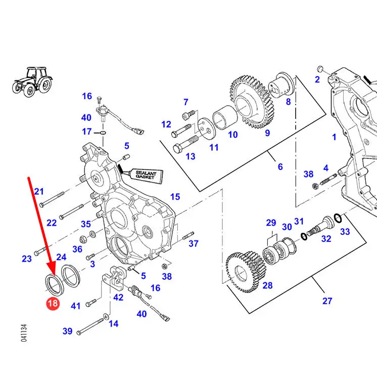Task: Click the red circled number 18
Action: pyautogui.click(x=53, y=303)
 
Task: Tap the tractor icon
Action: pyautogui.click(x=32, y=82)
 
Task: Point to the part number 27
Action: pyautogui.click(x=327, y=301)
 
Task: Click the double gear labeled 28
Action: pyautogui.click(x=244, y=271)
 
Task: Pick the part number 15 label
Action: pyautogui.click(x=175, y=197)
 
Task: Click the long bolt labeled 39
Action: pyautogui.click(x=90, y=326)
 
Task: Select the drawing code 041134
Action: pyautogui.click(x=24, y=333)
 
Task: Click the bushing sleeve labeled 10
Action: pyautogui.click(x=225, y=117)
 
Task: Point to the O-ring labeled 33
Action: pyautogui.click(x=338, y=218)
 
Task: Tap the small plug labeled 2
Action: pyautogui.click(x=320, y=69)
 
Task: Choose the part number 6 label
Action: pyautogui.click(x=280, y=167)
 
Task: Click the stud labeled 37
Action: pyautogui.click(x=188, y=235)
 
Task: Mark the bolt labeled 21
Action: pyautogui.click(x=52, y=199)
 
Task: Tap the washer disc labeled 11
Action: pyautogui.click(x=205, y=128)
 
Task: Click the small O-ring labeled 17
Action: pyautogui.click(x=103, y=133)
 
